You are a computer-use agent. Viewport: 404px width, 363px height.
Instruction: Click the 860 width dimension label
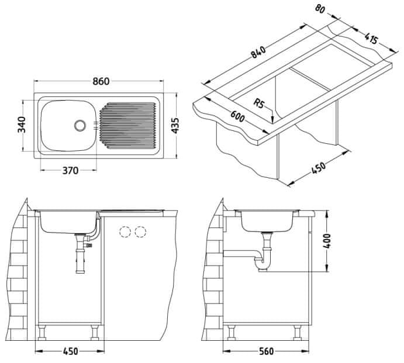coord(101,81)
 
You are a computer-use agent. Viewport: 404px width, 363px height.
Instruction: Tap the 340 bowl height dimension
coord(22,125)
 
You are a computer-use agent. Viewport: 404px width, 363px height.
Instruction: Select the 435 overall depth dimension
coord(175,126)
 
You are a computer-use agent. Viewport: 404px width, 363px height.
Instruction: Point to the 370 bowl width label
coord(70,171)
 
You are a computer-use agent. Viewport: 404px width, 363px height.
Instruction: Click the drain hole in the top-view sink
coord(80,126)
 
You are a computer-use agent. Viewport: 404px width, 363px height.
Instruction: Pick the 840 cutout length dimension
coord(258,52)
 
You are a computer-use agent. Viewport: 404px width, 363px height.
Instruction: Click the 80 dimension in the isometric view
coord(320,9)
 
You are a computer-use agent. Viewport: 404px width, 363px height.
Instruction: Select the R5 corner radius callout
coord(259,103)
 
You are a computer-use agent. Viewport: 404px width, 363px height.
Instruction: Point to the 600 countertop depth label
coord(237,116)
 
